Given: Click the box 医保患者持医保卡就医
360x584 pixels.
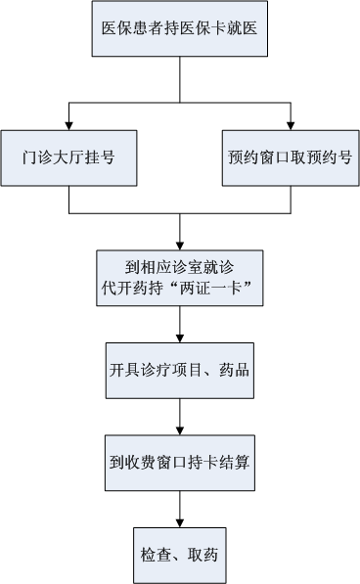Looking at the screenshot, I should (179, 33).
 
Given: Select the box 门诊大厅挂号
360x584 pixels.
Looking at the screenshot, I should (68, 157).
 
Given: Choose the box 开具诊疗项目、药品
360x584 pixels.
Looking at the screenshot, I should (179, 372).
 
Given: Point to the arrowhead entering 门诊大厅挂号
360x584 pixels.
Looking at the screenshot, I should (68, 124).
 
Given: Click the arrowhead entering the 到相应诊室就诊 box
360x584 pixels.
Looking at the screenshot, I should (179, 244).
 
